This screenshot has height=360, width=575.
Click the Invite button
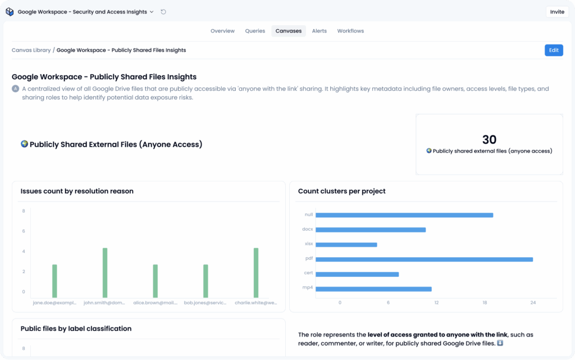[x=557, y=12]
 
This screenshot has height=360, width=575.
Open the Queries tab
[x=255, y=31]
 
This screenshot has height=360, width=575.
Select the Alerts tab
[x=320, y=31]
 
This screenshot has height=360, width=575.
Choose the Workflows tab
[x=350, y=31]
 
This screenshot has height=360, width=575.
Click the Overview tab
[x=222, y=31]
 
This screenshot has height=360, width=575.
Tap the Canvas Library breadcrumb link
[x=31, y=50]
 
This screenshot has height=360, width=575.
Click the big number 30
[x=489, y=140]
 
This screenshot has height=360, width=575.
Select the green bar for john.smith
[x=105, y=272]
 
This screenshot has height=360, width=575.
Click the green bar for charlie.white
[x=256, y=272]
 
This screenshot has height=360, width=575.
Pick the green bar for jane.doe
[x=54, y=281]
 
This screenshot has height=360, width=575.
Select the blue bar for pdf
[x=424, y=259]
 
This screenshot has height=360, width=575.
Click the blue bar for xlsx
[x=346, y=244]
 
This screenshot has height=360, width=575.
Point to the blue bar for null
[x=404, y=215]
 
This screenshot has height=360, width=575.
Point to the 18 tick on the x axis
[x=485, y=303]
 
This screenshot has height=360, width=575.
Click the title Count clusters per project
[x=342, y=192]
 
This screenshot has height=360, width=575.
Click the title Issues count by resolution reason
[x=77, y=192]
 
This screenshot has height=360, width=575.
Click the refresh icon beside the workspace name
[x=163, y=12]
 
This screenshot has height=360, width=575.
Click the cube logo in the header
[x=10, y=12]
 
